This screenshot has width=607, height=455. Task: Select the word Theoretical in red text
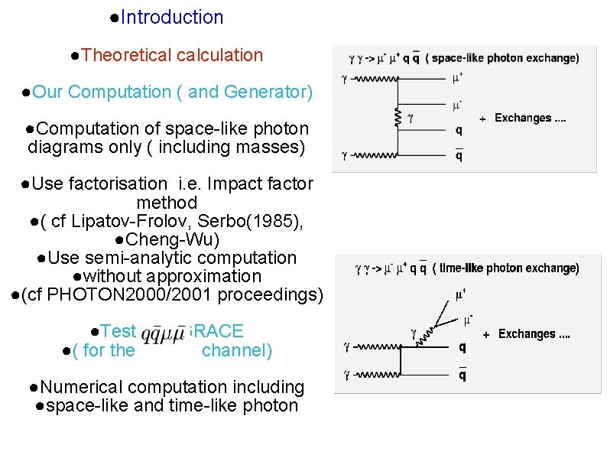125,55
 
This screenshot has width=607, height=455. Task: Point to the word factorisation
116,184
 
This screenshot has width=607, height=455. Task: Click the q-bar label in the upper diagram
459,155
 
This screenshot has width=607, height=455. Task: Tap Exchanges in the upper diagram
523,119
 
